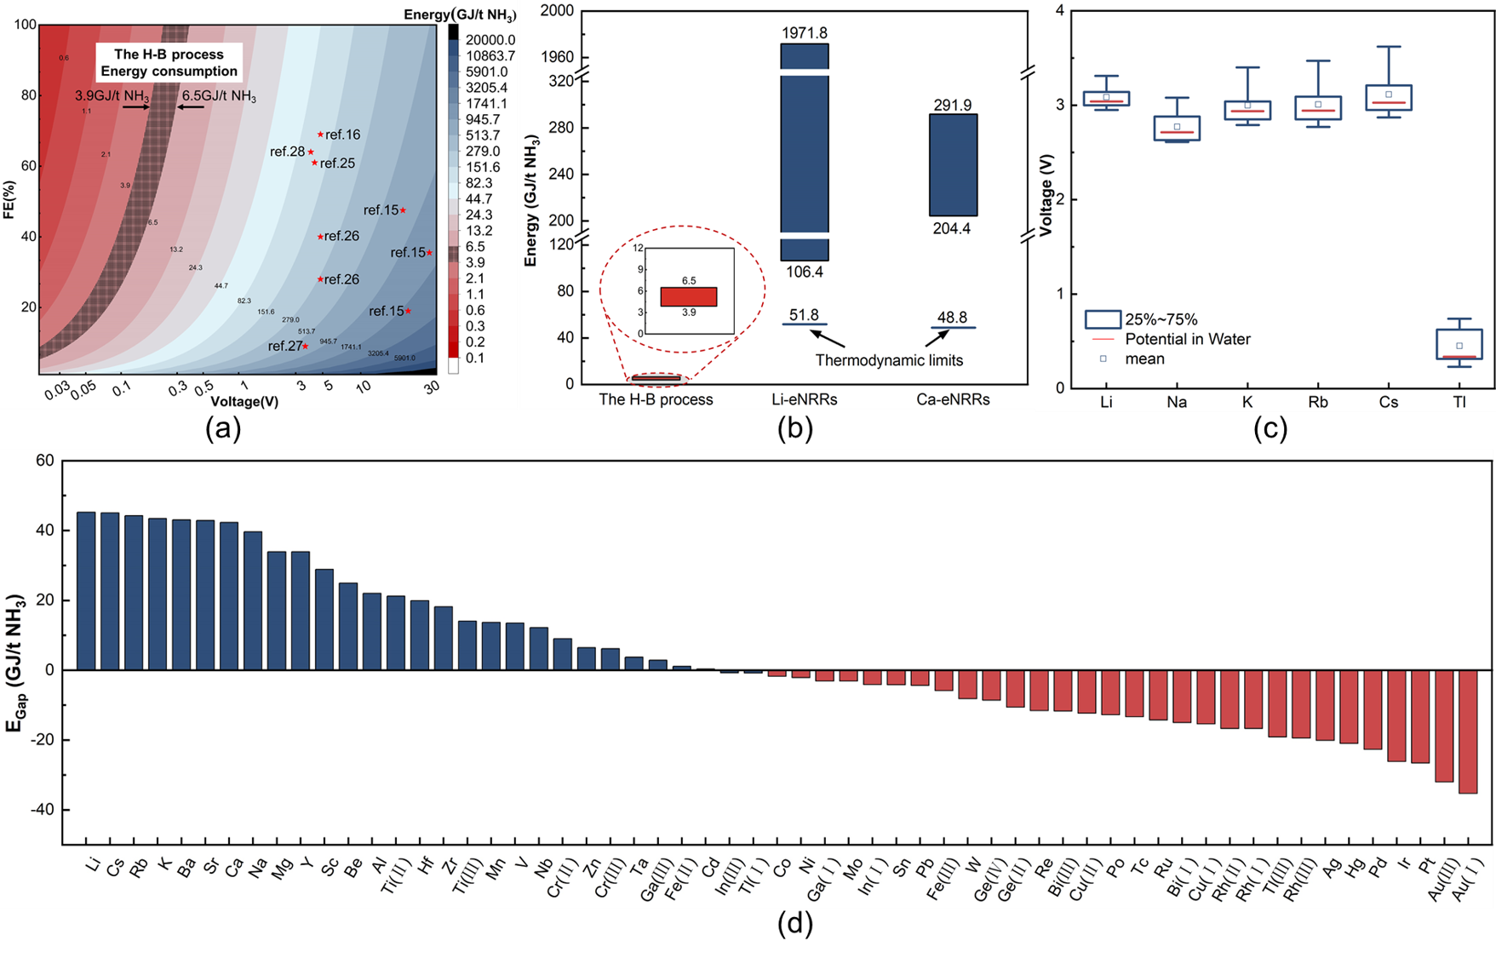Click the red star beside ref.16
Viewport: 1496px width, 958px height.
(x=320, y=135)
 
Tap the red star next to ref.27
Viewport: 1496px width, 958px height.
(x=306, y=346)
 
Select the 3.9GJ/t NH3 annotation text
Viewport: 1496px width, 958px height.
(x=112, y=96)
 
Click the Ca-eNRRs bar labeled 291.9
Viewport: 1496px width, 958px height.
(x=953, y=164)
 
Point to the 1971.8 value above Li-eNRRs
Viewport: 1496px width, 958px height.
(x=805, y=33)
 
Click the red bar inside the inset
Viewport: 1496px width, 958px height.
(x=689, y=296)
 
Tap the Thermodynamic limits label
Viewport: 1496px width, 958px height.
(x=889, y=360)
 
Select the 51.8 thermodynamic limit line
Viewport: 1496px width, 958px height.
(x=805, y=324)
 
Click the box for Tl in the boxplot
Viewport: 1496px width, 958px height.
(x=1459, y=344)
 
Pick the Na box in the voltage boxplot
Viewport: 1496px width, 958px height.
(x=1177, y=129)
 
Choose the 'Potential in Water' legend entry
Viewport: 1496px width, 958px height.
(x=1187, y=339)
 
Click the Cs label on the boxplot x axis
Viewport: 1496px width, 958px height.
(x=1389, y=402)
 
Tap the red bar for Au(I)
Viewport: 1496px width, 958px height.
(x=1468, y=731)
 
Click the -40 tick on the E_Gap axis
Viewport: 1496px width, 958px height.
(x=42, y=810)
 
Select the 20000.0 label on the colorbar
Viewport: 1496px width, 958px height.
(x=490, y=40)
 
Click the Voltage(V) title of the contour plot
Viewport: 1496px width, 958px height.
(x=244, y=401)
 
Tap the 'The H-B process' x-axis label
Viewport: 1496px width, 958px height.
(x=656, y=399)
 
